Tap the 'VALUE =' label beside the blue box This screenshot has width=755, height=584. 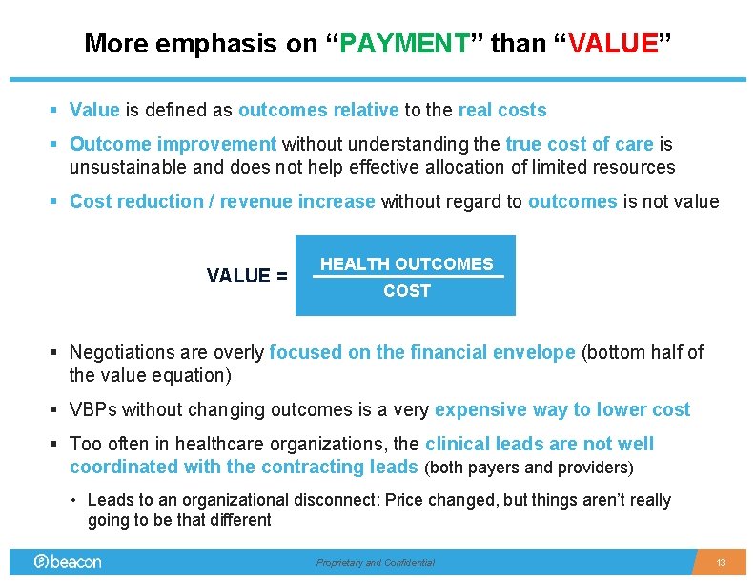(x=247, y=276)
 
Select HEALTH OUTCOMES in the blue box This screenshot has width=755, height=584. (x=407, y=264)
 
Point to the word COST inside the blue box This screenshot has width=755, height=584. (x=407, y=291)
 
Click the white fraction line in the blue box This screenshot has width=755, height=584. (x=407, y=277)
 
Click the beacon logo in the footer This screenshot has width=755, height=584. (x=68, y=562)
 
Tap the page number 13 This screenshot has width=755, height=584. (x=721, y=563)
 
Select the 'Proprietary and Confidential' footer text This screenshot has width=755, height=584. (x=376, y=563)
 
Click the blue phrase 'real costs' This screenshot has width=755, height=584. (x=502, y=110)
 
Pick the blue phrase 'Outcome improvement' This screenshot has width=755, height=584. (x=173, y=144)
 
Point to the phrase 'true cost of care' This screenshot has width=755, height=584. (x=580, y=144)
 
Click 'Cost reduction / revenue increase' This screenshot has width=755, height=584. (x=222, y=201)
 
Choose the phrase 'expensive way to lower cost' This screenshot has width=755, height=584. (x=562, y=409)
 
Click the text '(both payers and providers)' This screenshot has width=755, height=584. (x=528, y=468)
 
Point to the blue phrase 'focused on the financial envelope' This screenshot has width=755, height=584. (x=422, y=352)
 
